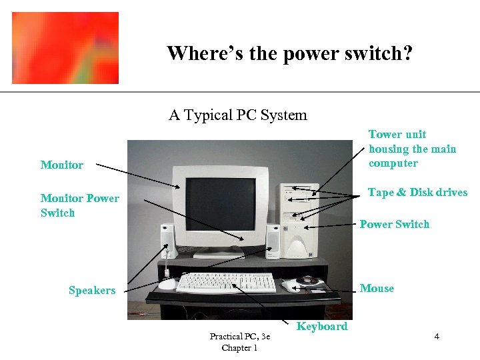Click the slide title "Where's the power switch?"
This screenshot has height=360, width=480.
tap(289, 53)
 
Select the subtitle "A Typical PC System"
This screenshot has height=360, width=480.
tap(238, 115)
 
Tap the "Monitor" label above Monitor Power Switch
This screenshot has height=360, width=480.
tap(62, 165)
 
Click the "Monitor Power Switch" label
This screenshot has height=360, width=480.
tap(79, 205)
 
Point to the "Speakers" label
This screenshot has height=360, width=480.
tap(92, 290)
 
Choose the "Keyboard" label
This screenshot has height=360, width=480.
tap(322, 326)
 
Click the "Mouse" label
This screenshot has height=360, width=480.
tap(377, 288)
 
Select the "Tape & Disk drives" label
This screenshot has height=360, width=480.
tap(417, 192)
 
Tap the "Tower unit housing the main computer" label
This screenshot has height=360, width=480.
tap(412, 149)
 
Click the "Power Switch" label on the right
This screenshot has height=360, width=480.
tap(395, 224)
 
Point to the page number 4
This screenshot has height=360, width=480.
tap(437, 336)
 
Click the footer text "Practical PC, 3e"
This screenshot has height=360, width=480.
tap(240, 337)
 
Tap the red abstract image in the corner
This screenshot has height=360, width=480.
tap(65, 48)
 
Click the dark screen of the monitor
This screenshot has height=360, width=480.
tap(220, 204)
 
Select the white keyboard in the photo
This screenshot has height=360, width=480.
tap(226, 283)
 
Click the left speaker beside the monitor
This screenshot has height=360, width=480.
tap(167, 242)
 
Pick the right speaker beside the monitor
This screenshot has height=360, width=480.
tap(273, 241)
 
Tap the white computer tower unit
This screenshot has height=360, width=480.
tap(301, 219)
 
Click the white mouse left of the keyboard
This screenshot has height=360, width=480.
tap(167, 283)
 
